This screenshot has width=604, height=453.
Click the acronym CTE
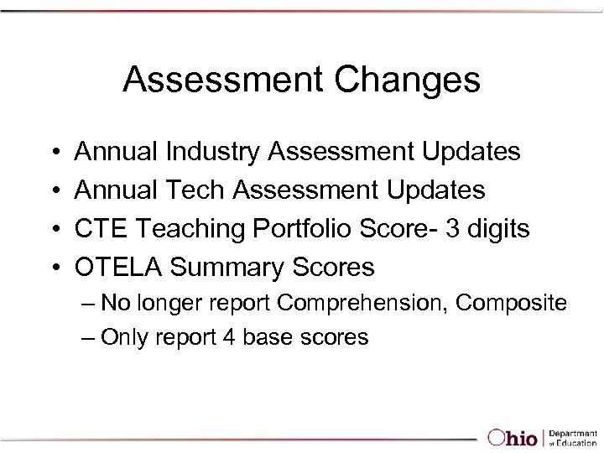click(102, 229)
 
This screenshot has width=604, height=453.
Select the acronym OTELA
click(119, 268)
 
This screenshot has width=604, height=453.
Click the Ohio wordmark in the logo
click(514, 438)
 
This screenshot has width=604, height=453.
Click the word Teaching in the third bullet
click(193, 229)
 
